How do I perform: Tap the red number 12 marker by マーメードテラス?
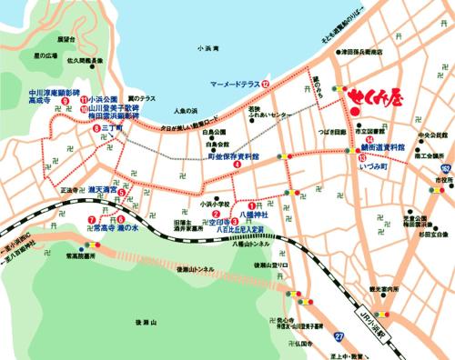pos(266,83)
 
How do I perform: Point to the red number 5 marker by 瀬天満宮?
pos(122,192)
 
